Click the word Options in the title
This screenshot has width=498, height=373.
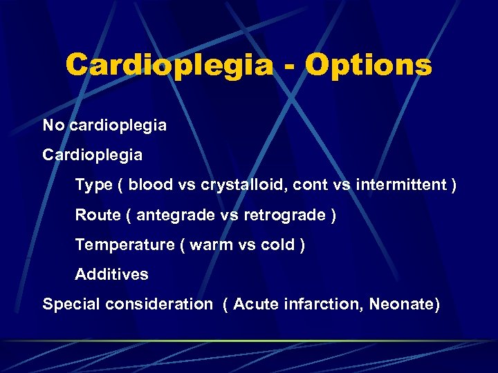[369, 66]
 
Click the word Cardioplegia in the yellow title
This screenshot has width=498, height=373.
[169, 66]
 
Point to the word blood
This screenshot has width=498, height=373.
[151, 185]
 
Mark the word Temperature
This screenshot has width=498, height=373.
[125, 245]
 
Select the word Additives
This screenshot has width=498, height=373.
[111, 274]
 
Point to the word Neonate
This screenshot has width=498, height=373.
[404, 304]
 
